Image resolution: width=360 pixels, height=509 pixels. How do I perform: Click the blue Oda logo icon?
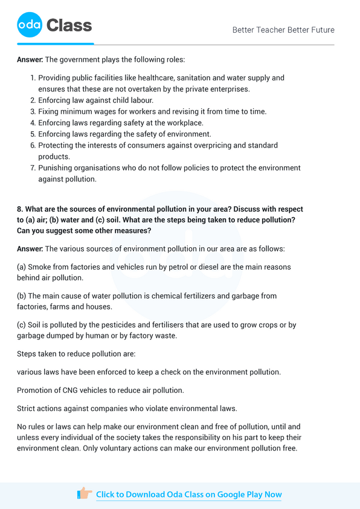coord(29,25)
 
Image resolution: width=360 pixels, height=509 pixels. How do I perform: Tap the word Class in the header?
coord(69,25)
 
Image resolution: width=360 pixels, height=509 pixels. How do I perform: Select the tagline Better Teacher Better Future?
coord(283,30)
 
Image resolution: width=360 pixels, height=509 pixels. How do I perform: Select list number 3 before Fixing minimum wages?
coord(33,112)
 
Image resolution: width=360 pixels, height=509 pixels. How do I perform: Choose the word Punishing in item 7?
coord(56,168)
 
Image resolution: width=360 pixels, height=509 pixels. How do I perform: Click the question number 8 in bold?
coord(19,209)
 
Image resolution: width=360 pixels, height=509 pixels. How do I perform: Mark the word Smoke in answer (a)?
coord(40,267)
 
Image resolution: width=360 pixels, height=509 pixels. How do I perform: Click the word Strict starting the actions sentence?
coord(27,409)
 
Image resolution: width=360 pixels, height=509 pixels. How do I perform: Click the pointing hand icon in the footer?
coord(85,494)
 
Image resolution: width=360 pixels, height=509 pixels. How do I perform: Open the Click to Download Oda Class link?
coord(188,494)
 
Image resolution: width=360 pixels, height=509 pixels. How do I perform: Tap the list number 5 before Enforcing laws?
coord(33,134)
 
